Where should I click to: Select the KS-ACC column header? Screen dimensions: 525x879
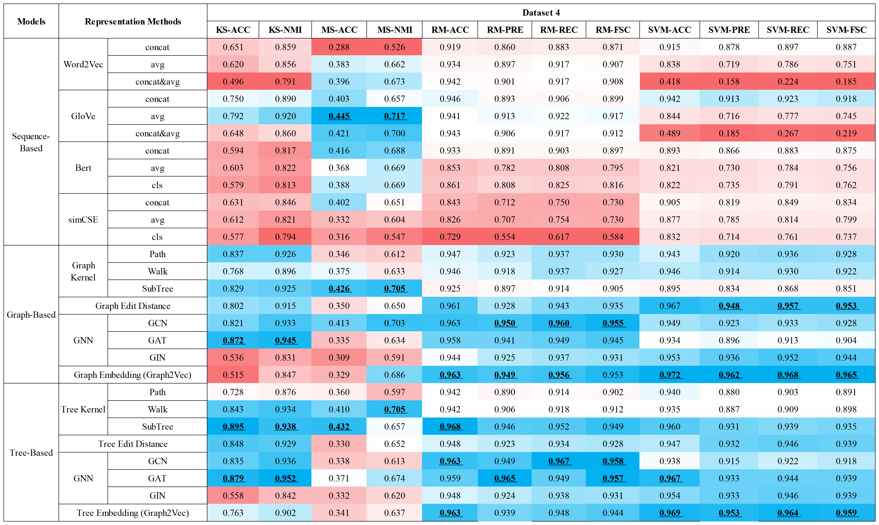tap(233, 30)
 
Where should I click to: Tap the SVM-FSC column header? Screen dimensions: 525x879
tap(846, 30)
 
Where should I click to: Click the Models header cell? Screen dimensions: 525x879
tap(31, 21)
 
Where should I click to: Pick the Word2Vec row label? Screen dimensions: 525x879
tap(83, 64)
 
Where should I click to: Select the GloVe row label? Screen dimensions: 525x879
tap(83, 116)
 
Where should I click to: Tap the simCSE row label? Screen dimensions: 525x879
tap(83, 220)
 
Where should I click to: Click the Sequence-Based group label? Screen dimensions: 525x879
tap(31, 142)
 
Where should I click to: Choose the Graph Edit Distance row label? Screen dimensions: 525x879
tap(133, 306)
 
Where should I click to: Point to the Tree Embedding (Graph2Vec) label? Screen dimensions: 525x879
tap(133, 513)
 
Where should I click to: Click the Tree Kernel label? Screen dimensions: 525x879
tap(83, 409)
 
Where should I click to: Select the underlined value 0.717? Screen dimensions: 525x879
tap(394, 116)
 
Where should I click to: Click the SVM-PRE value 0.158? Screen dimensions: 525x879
tap(729, 82)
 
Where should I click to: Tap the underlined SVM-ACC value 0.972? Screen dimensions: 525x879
tap(670, 375)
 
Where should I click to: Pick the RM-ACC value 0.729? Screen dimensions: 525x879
tap(450, 237)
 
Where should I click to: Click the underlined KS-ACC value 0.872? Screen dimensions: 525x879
tap(233, 340)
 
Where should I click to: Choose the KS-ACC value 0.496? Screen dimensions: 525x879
tap(233, 82)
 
